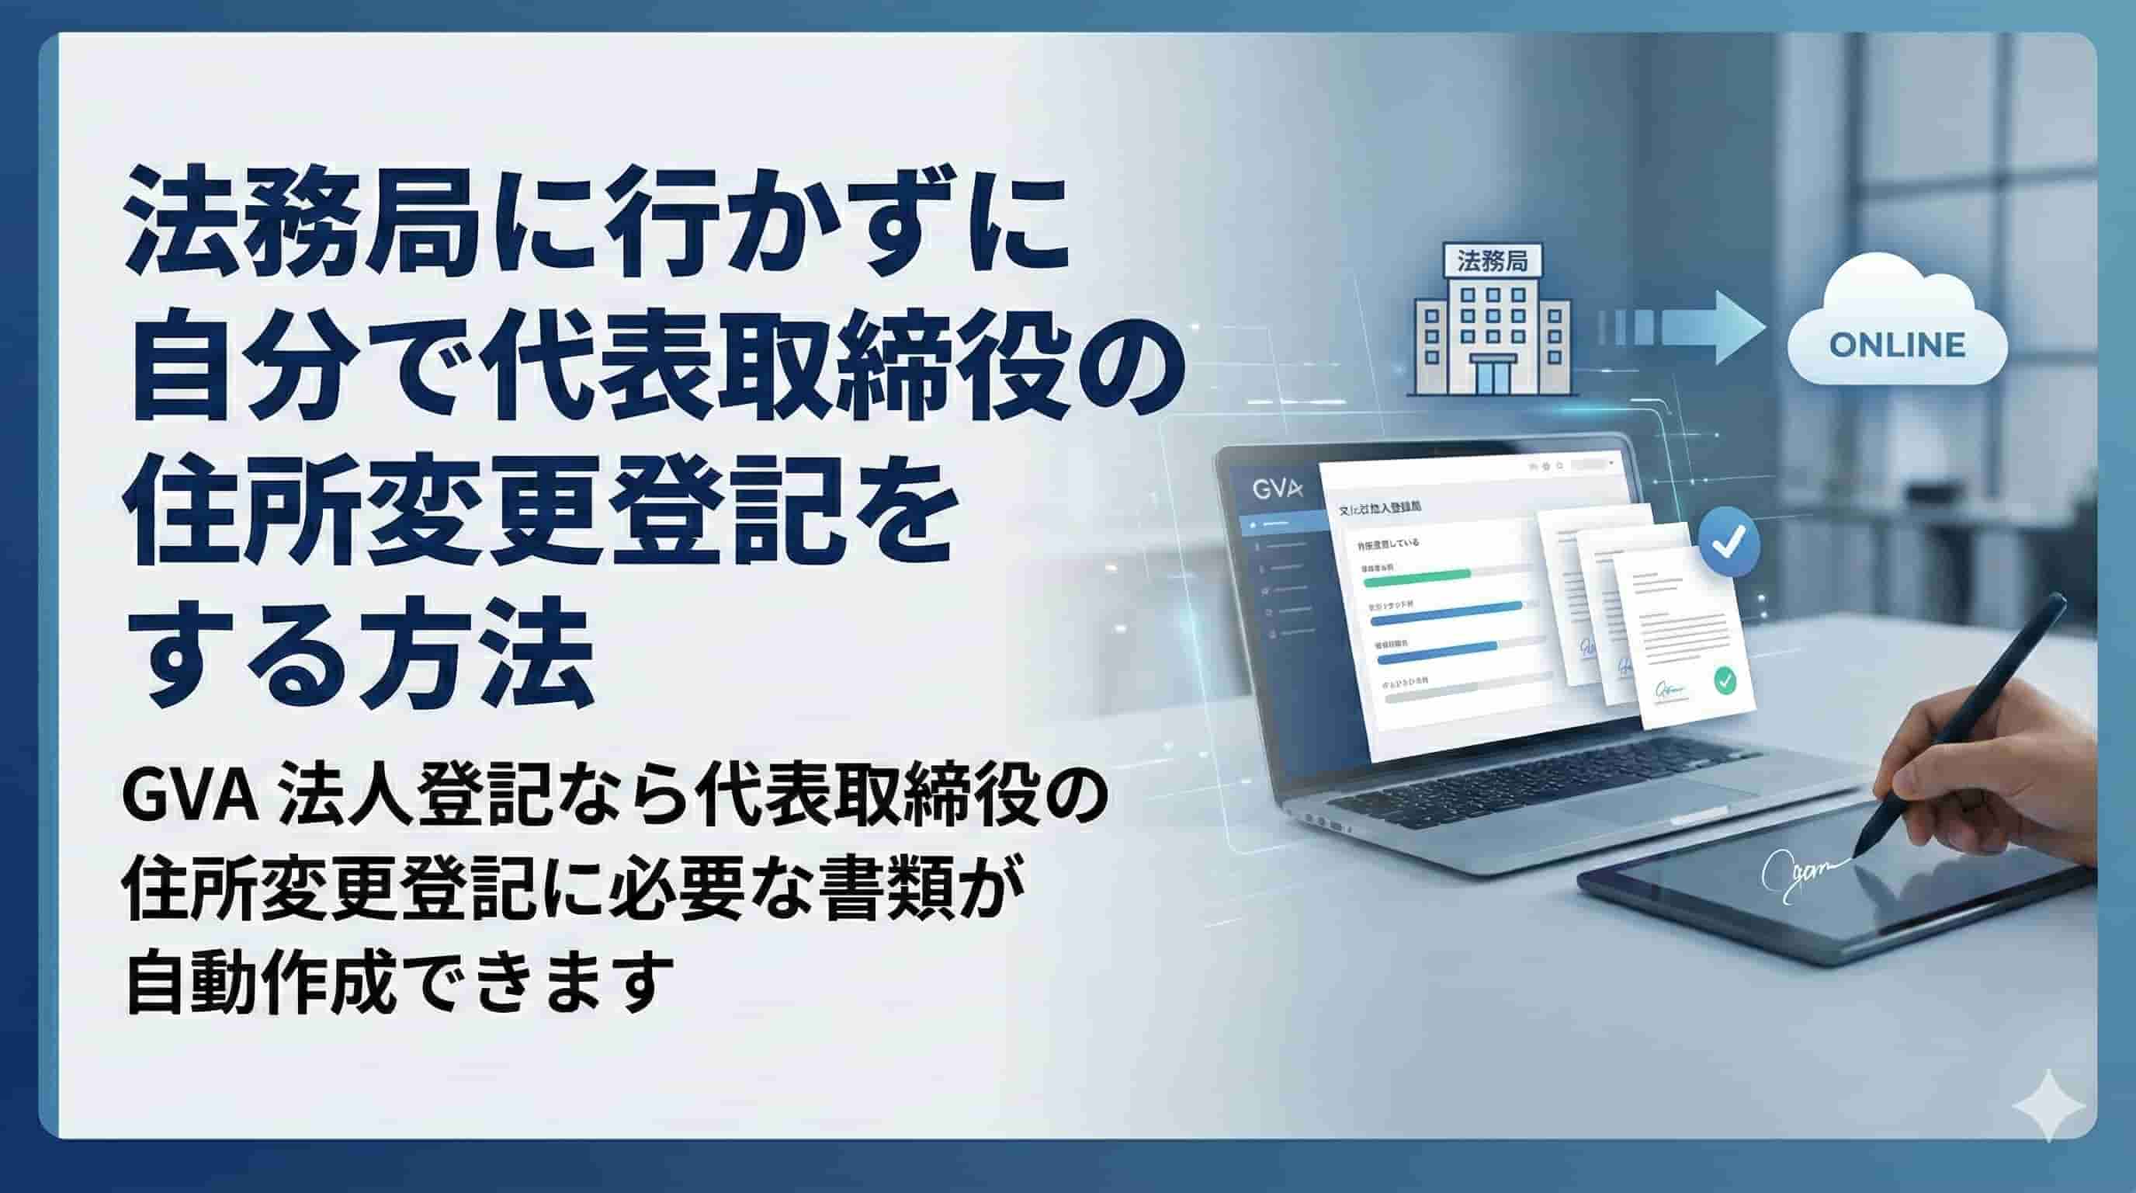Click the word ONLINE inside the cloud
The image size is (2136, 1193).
click(1897, 345)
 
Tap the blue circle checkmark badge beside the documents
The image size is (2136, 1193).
click(1729, 543)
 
